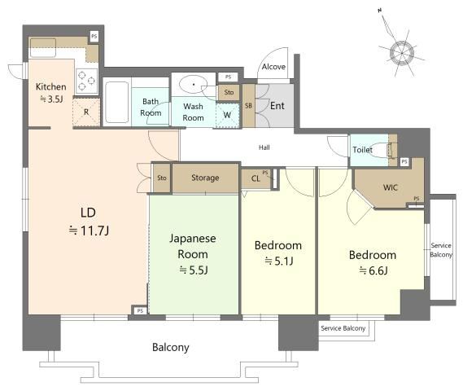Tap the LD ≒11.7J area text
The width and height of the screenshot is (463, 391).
(x=89, y=222)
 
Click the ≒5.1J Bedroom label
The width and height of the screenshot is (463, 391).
(x=278, y=253)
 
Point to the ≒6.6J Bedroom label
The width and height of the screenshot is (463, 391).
(x=373, y=263)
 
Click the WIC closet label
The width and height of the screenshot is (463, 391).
(x=390, y=187)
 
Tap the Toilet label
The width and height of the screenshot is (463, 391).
(x=362, y=150)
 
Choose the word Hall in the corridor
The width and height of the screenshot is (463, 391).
(x=264, y=147)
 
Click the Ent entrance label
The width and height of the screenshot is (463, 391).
(x=277, y=106)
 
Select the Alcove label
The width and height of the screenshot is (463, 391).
(x=273, y=67)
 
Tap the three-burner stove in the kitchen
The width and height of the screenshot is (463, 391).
(x=87, y=81)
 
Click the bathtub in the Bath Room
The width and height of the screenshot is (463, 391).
(x=116, y=103)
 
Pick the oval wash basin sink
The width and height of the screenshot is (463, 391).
(x=194, y=85)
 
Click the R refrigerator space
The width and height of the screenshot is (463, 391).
(x=86, y=112)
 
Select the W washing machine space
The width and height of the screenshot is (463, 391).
(x=227, y=115)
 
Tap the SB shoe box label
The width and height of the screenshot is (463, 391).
(x=249, y=106)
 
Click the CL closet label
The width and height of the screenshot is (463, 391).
(x=256, y=178)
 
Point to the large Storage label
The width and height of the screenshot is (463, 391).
(x=205, y=178)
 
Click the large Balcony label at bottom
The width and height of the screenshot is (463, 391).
(x=171, y=347)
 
